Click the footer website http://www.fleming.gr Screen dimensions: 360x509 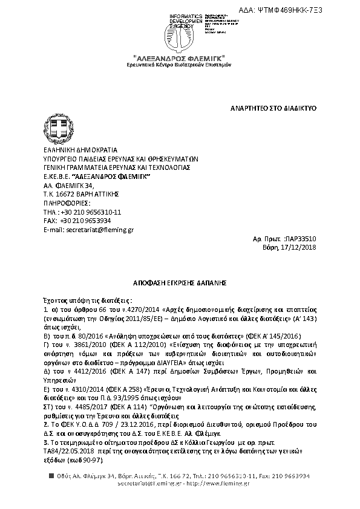[224, 483]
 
